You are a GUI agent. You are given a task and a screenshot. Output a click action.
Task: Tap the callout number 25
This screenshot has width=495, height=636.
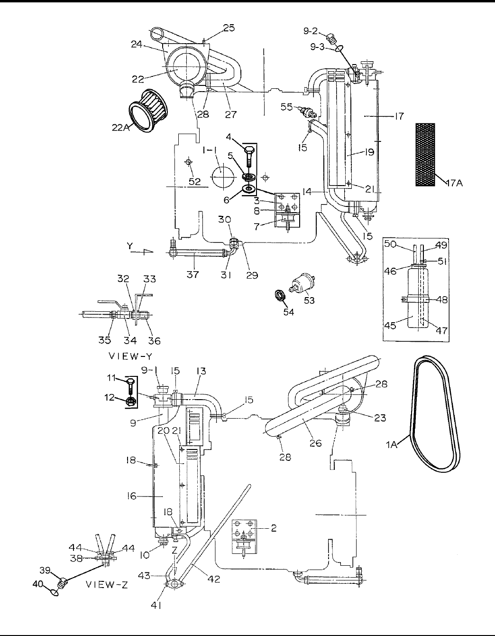point(229,28)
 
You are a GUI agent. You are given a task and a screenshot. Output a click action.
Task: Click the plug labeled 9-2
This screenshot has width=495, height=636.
point(331,37)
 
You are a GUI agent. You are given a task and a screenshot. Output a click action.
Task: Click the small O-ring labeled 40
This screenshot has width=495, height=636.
point(54,591)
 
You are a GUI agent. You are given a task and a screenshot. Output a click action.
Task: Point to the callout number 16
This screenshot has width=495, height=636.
point(131,496)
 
